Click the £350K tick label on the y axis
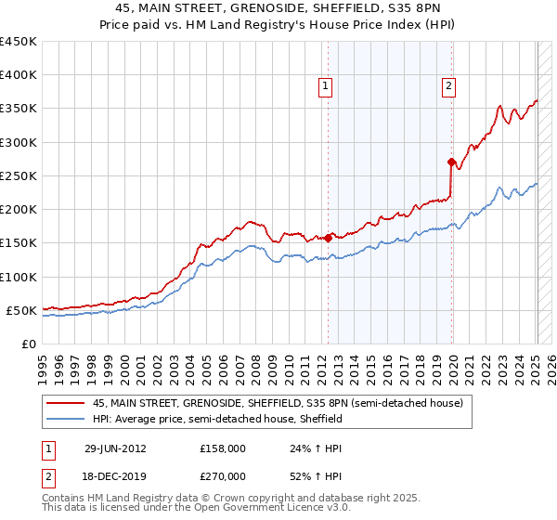[x=19, y=109]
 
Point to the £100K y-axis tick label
[x=19, y=277]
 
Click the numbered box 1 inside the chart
[x=327, y=87]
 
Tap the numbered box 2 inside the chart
[x=448, y=87]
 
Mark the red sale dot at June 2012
[x=328, y=238]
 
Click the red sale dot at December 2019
[x=450, y=162]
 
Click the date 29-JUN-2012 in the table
[x=115, y=448]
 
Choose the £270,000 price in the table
[x=222, y=475]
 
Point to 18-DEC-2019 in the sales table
[x=115, y=475]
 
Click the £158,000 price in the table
[x=222, y=448]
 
